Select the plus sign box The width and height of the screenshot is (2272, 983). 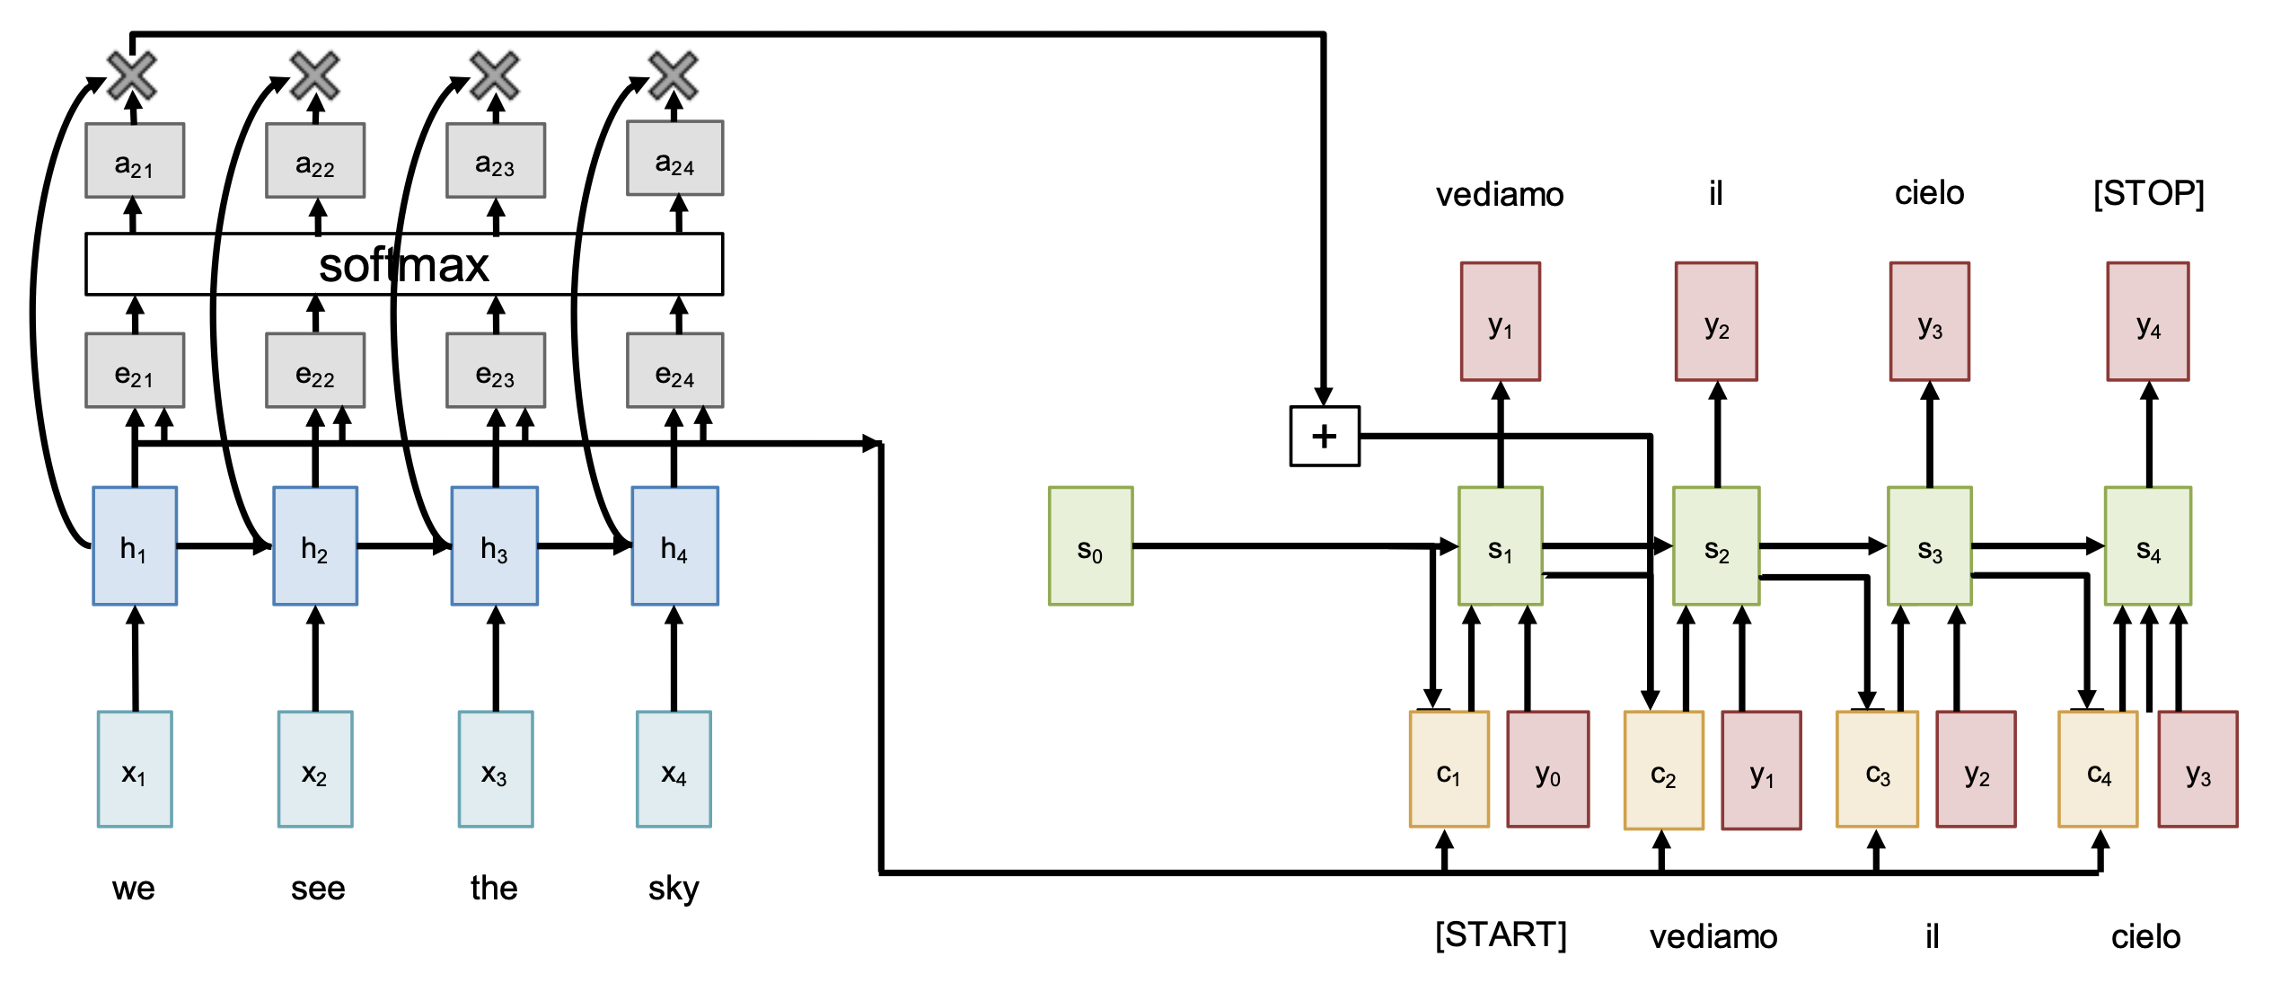1325,436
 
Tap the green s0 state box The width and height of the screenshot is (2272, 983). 1090,546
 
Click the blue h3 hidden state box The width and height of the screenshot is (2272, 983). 495,546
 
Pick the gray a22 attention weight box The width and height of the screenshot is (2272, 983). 315,161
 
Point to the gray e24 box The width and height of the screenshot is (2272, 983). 674,370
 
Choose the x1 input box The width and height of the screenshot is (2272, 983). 135,769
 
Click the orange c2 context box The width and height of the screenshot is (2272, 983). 1663,770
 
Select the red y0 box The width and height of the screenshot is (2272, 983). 1547,769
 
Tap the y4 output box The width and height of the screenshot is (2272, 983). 2147,322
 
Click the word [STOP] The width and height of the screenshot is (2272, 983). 2148,193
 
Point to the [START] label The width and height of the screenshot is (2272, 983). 1501,934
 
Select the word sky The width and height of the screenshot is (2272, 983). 674,889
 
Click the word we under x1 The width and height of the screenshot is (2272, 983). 134,889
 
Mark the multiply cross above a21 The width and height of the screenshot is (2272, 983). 132,75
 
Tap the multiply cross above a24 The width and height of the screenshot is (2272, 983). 674,75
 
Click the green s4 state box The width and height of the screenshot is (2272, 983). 2147,546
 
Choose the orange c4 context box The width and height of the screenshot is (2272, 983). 2098,770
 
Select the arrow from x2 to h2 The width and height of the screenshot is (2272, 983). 315,660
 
